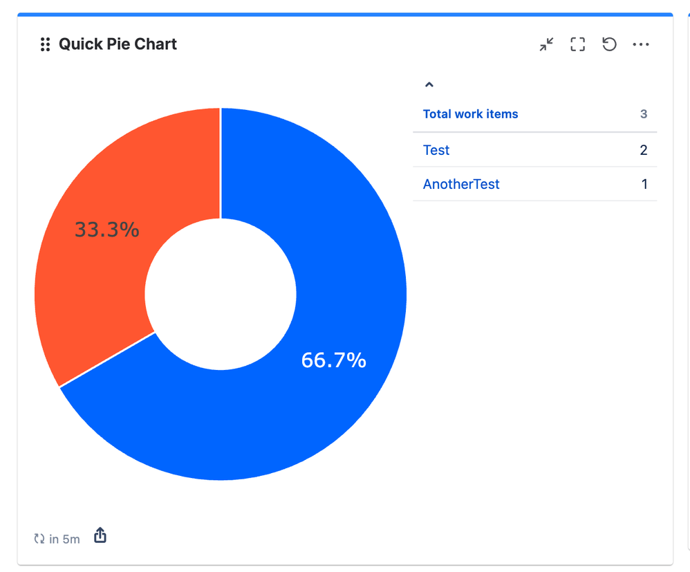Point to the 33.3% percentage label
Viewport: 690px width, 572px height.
[x=107, y=230]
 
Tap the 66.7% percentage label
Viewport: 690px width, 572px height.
[x=333, y=360]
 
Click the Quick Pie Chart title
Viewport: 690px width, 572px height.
[x=118, y=44]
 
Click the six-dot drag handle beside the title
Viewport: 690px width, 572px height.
[x=45, y=45]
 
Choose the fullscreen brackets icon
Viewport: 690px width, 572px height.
[x=577, y=45]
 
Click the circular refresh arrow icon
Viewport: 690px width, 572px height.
[x=609, y=45]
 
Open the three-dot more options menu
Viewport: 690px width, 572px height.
[x=641, y=45]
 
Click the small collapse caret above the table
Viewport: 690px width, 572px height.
[x=429, y=84]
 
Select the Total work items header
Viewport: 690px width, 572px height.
[x=470, y=114]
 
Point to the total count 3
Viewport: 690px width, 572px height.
[x=644, y=114]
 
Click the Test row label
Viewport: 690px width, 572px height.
[x=436, y=150]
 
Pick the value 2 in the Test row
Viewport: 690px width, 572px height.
[x=644, y=150]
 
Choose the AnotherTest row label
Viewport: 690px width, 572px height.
[x=461, y=184]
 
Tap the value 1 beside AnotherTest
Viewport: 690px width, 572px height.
[x=644, y=184]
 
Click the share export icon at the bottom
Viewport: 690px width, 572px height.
[x=100, y=536]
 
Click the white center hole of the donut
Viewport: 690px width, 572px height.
[x=221, y=294]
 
